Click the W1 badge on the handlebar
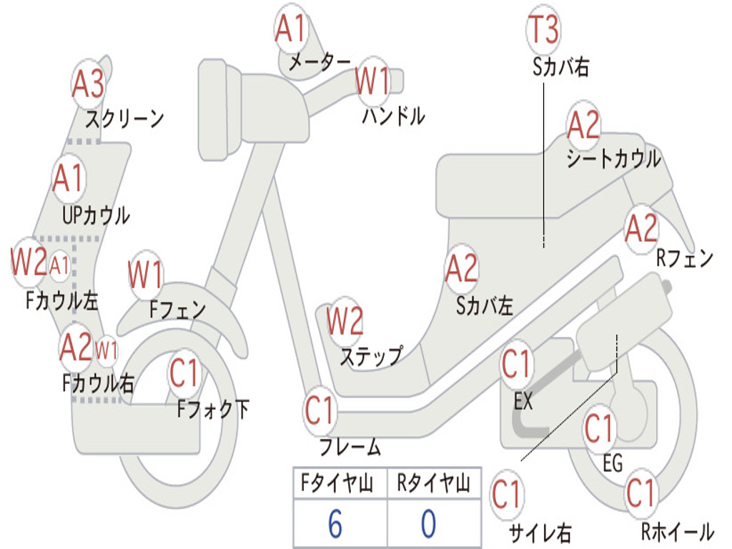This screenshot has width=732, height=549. [x=373, y=81]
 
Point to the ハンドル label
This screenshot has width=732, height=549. [x=393, y=116]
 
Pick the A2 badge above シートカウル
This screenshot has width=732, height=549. [x=583, y=127]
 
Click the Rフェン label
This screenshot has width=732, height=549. [x=685, y=258]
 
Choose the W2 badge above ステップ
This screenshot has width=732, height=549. [x=345, y=321]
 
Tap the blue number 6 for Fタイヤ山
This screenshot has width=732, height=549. [x=335, y=524]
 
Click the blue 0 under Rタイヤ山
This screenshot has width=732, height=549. [x=428, y=524]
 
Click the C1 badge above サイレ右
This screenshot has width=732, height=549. [x=507, y=494]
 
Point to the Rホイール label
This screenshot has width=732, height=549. [x=676, y=531]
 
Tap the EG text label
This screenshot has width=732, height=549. [x=613, y=463]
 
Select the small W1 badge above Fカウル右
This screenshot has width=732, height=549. [x=106, y=350]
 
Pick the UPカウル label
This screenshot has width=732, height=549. [x=96, y=214]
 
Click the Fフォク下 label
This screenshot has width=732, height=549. [x=213, y=409]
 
